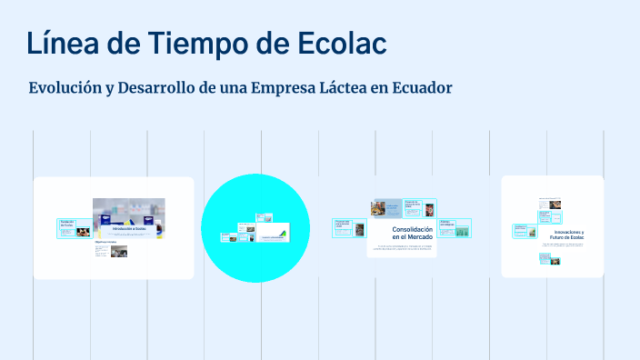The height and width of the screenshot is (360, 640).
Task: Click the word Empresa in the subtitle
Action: click(290, 88)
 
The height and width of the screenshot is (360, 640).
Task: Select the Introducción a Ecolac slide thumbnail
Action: click(128, 219)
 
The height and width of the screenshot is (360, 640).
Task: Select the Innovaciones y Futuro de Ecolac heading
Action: click(561, 235)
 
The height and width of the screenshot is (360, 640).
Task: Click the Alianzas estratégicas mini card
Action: click(455, 227)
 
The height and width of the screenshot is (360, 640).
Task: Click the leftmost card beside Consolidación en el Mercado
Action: click(345, 227)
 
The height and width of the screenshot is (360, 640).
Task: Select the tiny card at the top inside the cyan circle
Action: click(265, 218)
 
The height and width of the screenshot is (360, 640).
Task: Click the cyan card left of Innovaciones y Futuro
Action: click(525, 231)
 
